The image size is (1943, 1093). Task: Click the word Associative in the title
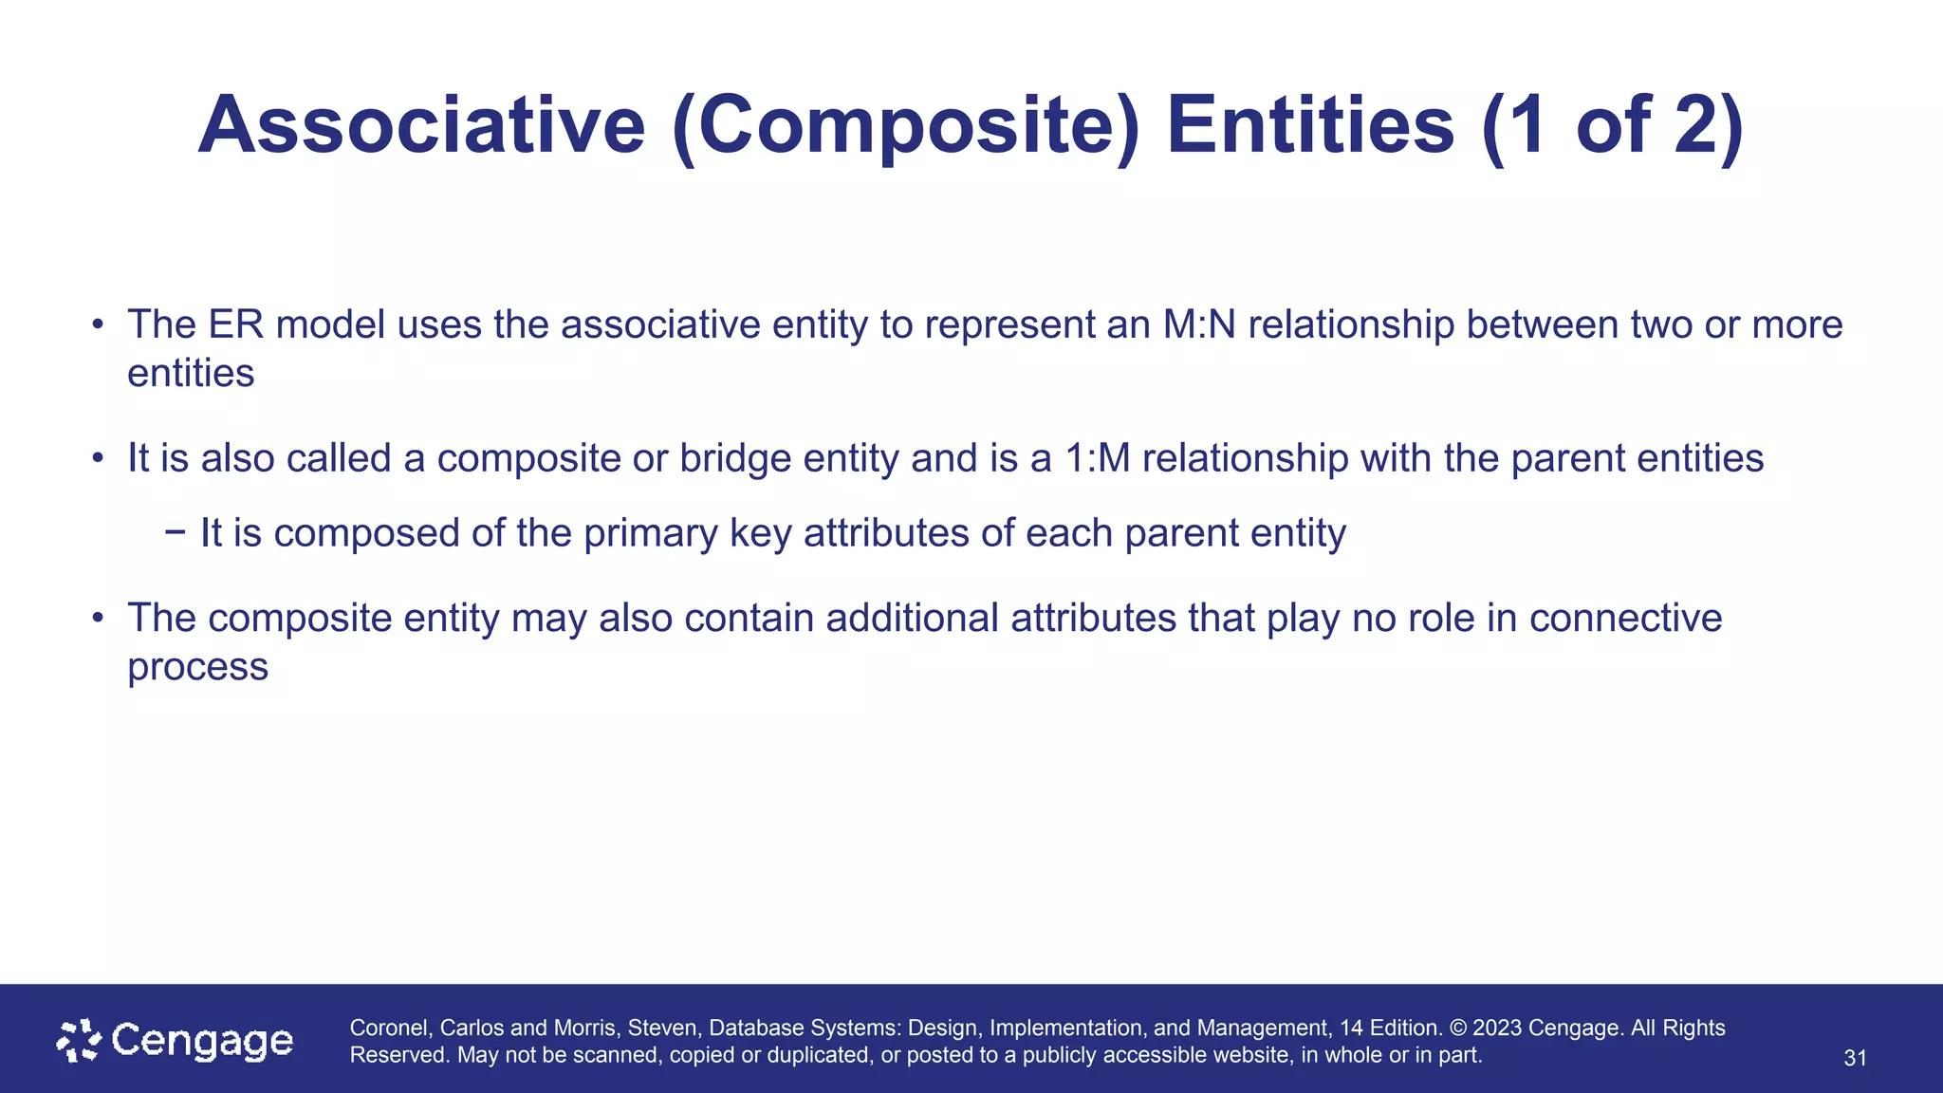pos(421,126)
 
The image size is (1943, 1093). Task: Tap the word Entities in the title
pos(1310,126)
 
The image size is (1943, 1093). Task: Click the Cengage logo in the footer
pos(176,1041)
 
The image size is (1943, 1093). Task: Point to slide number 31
pos(1855,1058)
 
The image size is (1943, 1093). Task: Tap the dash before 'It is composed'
pos(175,532)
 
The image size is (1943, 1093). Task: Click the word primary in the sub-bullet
pos(651,533)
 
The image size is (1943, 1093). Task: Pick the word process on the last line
pos(197,667)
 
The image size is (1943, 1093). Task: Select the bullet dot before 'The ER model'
pos(97,325)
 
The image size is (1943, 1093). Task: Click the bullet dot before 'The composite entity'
pos(97,619)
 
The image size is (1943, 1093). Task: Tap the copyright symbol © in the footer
pos(1458,1028)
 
